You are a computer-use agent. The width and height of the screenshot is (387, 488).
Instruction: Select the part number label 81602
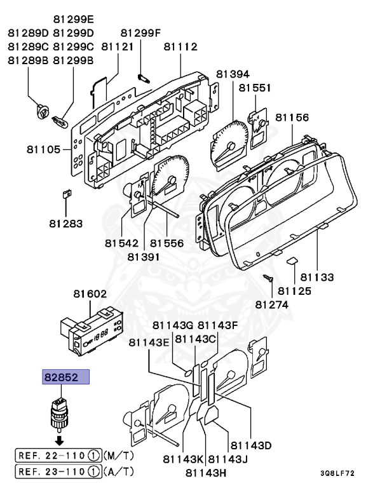(x=90, y=294)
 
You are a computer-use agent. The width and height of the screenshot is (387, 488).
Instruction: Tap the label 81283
(x=65, y=223)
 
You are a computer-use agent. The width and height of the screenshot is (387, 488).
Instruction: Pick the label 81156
(x=292, y=118)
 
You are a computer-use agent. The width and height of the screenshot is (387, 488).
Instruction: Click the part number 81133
(x=317, y=277)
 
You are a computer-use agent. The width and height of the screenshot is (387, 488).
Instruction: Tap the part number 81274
(x=272, y=304)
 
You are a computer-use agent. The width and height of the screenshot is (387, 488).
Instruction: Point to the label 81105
(x=43, y=150)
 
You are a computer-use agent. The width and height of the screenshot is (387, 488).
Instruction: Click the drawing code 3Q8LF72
(x=337, y=473)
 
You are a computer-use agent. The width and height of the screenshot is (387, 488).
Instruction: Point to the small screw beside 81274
(x=268, y=278)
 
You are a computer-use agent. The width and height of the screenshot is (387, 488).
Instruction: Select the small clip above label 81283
(x=65, y=194)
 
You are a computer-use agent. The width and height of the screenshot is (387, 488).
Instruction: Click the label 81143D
(x=251, y=445)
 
